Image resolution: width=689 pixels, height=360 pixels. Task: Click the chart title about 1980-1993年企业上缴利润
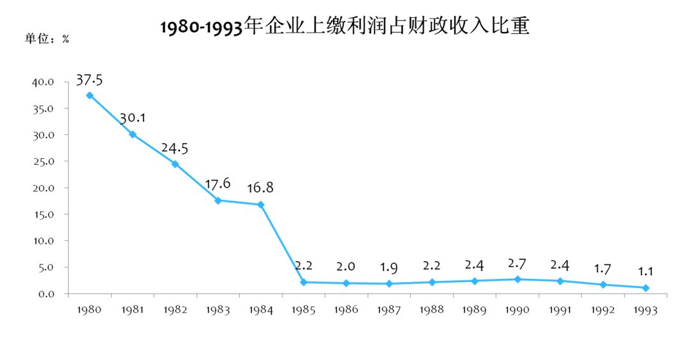pos(344,27)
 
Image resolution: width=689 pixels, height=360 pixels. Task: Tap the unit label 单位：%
pos(47,39)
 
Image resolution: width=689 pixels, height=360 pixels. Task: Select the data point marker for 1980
pos(90,95)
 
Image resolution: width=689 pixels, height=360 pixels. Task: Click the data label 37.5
pos(89,80)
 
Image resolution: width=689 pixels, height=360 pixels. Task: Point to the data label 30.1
pos(133,119)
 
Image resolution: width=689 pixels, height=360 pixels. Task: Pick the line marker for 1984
pos(261,205)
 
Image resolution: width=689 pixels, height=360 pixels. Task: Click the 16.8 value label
pos(261,188)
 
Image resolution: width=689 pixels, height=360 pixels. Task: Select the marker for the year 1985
pos(304,282)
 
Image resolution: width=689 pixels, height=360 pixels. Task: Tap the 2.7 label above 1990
pos(517,263)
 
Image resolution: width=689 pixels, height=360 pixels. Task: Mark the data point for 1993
pos(646,288)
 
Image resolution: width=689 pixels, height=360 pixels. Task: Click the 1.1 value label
pos(646,271)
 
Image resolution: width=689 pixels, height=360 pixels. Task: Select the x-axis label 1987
pos(389,310)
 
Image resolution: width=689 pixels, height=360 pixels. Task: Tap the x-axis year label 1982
pos(175,310)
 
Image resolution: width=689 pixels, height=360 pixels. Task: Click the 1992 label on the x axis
pos(603,310)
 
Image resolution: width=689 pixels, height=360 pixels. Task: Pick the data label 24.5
pos(175,148)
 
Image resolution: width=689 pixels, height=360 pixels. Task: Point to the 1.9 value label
pos(389,267)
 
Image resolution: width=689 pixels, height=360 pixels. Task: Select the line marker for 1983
pos(218,200)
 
